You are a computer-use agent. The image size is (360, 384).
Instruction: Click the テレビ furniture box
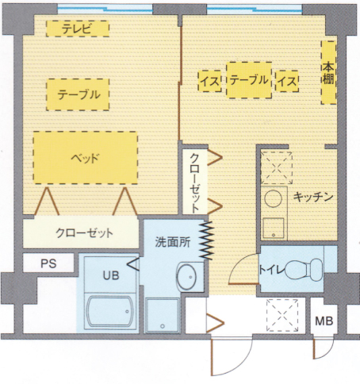(78, 29)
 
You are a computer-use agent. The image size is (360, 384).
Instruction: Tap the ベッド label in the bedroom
(85, 158)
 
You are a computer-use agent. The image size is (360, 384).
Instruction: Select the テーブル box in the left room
(78, 94)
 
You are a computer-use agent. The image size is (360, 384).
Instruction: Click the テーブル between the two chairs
(249, 80)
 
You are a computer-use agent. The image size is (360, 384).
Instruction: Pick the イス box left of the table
(210, 81)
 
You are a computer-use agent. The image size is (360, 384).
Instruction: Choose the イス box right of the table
(287, 81)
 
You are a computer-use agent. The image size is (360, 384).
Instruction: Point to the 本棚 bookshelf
(328, 72)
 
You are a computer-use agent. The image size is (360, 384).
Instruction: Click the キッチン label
(313, 197)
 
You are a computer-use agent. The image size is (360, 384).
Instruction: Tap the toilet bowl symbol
(304, 270)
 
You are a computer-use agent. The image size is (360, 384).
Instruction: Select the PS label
(48, 263)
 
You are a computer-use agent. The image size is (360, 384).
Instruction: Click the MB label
(324, 321)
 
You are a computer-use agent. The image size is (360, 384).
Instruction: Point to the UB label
(111, 275)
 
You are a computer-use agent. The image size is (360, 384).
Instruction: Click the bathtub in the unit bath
(109, 312)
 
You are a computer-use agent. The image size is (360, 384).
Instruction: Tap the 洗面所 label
(173, 241)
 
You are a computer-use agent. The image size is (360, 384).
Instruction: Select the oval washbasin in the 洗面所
(186, 277)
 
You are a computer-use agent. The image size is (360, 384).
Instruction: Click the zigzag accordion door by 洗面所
(206, 240)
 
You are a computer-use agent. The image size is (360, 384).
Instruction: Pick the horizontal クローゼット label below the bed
(84, 232)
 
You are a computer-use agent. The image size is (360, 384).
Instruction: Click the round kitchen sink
(274, 198)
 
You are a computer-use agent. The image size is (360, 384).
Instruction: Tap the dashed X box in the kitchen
(277, 167)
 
